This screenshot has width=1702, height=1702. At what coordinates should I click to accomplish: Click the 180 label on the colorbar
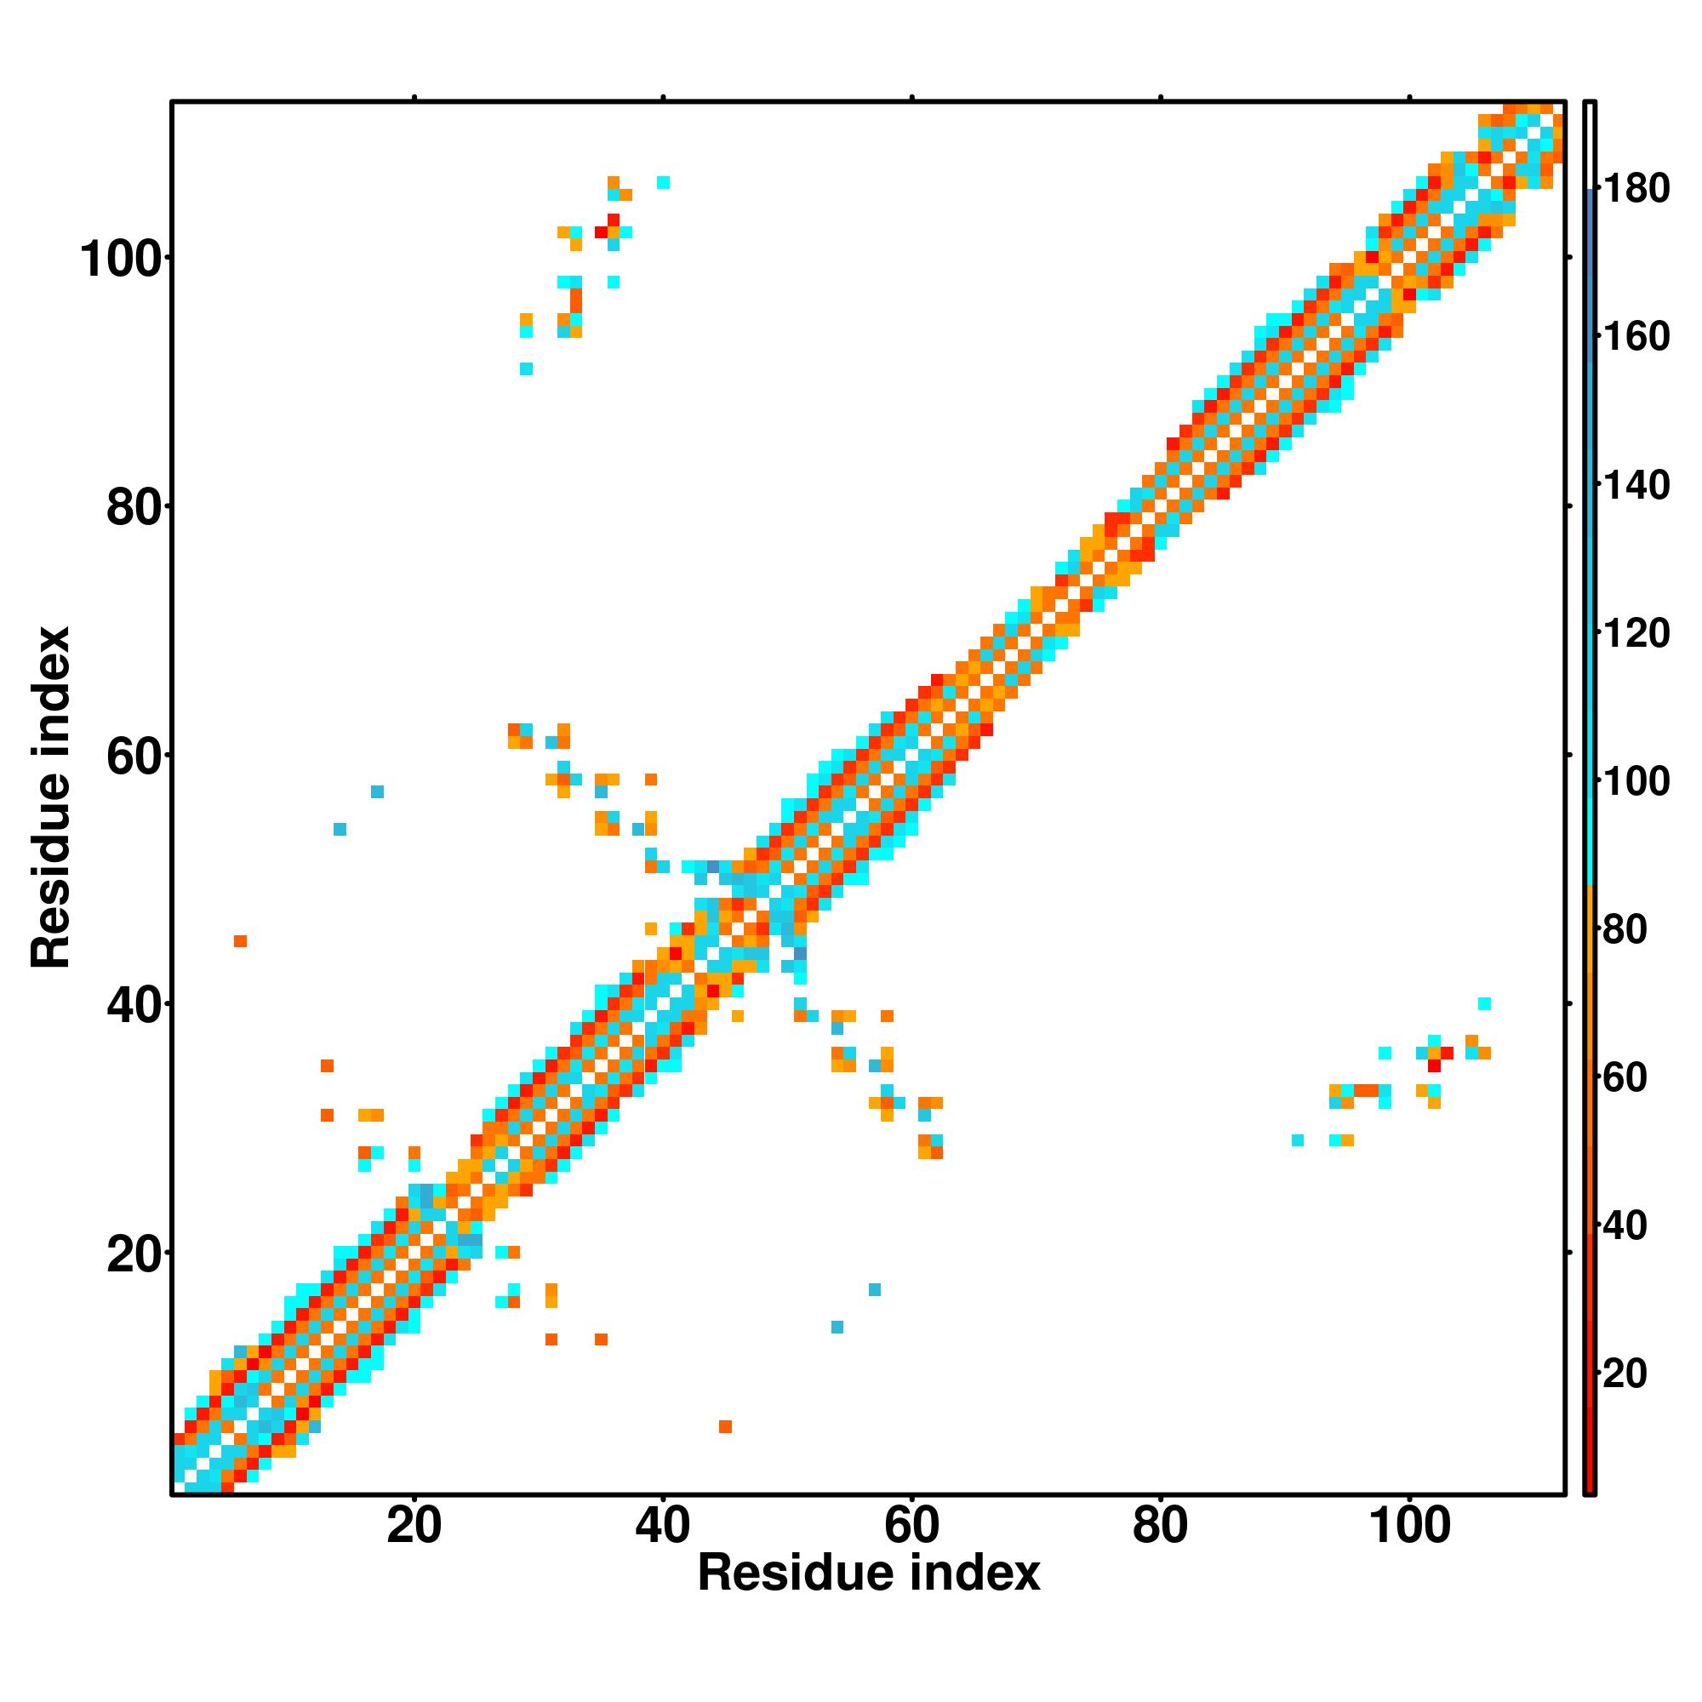[x=1636, y=189]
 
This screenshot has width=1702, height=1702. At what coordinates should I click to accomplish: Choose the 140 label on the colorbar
[x=1636, y=485]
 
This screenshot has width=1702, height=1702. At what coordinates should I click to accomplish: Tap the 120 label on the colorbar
[x=1636, y=633]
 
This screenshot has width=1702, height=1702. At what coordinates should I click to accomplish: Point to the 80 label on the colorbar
[x=1625, y=929]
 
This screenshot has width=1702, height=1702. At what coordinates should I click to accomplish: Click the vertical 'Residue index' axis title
[x=50, y=797]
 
